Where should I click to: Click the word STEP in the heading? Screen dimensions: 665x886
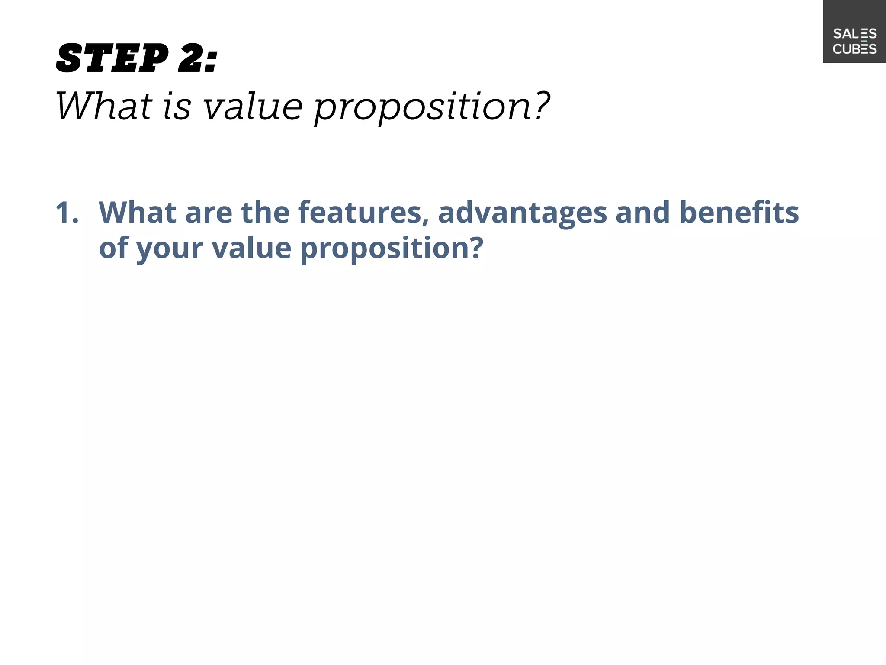click(112, 58)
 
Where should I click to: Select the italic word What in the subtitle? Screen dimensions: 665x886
click(104, 106)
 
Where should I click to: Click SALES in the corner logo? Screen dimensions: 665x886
click(854, 34)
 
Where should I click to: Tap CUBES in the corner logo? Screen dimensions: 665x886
click(854, 49)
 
